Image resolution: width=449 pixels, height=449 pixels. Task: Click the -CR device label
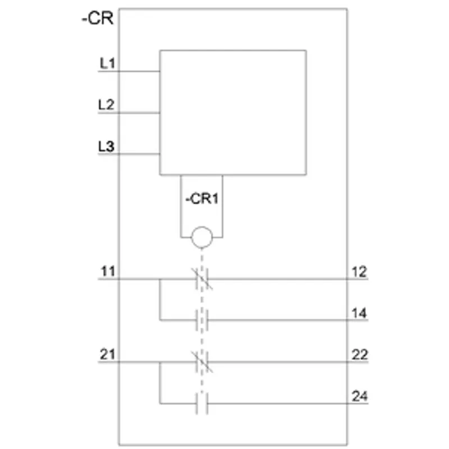tap(98, 19)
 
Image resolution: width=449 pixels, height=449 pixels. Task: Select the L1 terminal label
tap(107, 63)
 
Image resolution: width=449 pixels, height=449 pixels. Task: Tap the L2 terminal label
tap(106, 104)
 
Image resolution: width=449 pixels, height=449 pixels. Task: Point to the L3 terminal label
tap(106, 146)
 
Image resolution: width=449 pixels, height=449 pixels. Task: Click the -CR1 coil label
tap(202, 199)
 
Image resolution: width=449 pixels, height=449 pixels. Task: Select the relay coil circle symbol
tap(202, 237)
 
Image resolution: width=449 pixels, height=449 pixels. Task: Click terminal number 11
tap(108, 271)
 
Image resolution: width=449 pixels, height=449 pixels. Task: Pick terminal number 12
tap(359, 272)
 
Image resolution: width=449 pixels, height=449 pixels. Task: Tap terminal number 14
tap(359, 313)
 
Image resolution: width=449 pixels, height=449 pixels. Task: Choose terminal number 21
tap(107, 355)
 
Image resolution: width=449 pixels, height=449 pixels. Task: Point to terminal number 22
tap(360, 355)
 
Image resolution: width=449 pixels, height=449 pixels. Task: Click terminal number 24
tap(360, 396)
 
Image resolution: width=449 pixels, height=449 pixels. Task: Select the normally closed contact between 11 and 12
tap(202, 278)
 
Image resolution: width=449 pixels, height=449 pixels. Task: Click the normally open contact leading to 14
tap(202, 320)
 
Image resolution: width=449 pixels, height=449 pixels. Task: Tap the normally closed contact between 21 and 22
tap(202, 362)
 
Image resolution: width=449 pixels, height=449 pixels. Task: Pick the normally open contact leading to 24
tap(202, 404)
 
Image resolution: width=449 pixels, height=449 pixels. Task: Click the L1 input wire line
tap(129, 71)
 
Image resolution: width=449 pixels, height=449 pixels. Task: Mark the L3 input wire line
tap(129, 154)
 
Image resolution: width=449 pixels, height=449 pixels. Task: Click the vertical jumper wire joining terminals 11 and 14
tap(160, 300)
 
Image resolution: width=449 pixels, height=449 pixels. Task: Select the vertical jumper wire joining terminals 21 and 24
tap(160, 383)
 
